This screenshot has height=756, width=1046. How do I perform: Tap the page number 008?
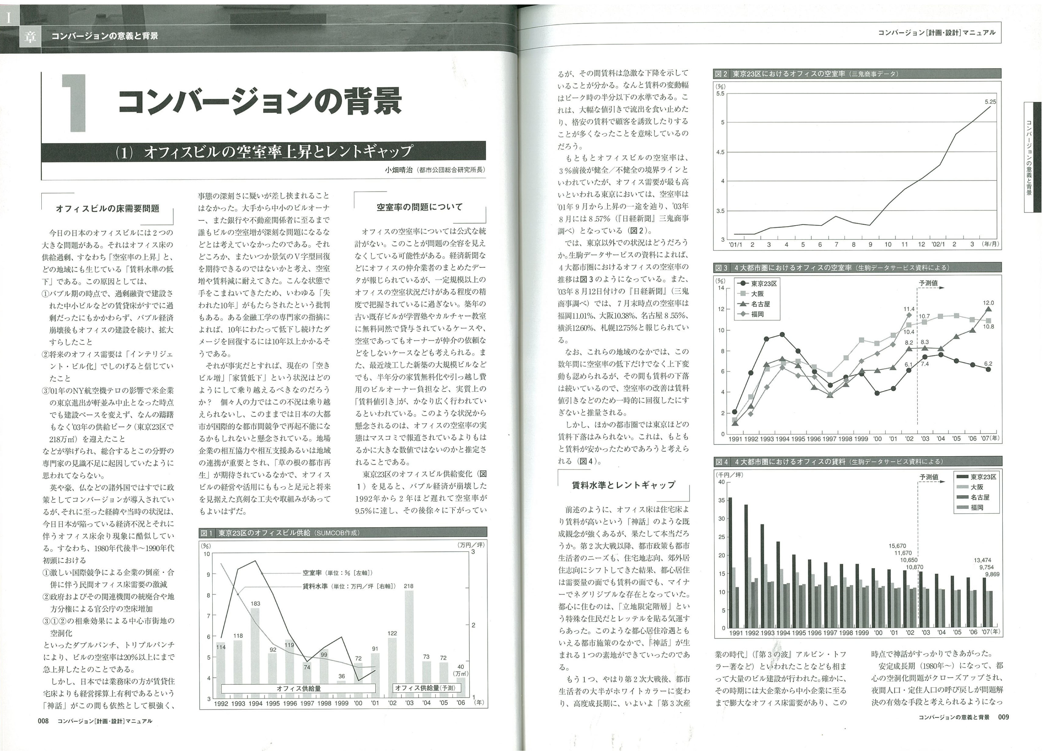click(x=43, y=721)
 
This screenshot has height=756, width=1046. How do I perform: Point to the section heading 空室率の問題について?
click(x=419, y=207)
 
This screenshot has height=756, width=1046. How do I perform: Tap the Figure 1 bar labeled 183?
click(x=255, y=653)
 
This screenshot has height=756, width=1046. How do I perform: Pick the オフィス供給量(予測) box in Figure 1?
click(x=425, y=688)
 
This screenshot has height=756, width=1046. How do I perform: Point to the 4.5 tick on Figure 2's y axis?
click(x=720, y=152)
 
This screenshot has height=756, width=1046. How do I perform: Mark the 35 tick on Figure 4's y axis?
click(x=721, y=500)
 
